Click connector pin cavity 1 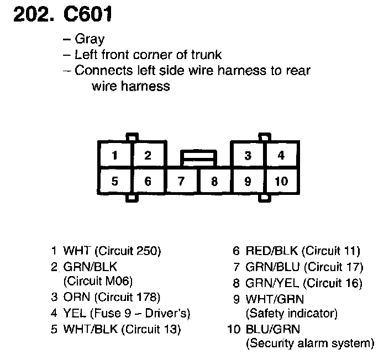click(x=114, y=155)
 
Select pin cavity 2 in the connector click(x=148, y=155)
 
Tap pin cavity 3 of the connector click(x=248, y=155)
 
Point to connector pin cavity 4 click(x=281, y=155)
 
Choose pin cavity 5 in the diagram click(x=114, y=181)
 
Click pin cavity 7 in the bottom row click(x=181, y=181)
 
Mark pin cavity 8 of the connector click(x=214, y=181)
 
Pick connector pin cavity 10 click(x=281, y=181)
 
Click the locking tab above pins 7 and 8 click(x=198, y=158)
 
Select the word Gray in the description click(x=90, y=39)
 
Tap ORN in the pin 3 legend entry click(x=75, y=298)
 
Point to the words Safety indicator click(x=291, y=313)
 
